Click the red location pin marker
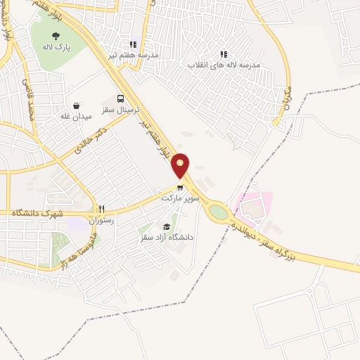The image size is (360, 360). pos(181,165)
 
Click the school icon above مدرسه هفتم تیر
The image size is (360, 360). pos(134,43)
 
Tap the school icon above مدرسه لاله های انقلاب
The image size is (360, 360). pos(224,53)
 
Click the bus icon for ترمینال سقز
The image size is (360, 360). pos(120,99)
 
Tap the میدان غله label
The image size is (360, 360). pos(76,117)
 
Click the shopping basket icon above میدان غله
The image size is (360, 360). pos(76,105)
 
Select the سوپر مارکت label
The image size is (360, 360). pos(181,199)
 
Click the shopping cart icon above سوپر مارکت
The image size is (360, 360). pos(181,188)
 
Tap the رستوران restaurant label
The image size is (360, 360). pos(101,221)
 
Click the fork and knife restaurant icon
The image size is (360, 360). pos(102,210)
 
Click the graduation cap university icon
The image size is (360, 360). pos(167,226)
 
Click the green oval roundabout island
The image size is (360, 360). pos(219,210)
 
